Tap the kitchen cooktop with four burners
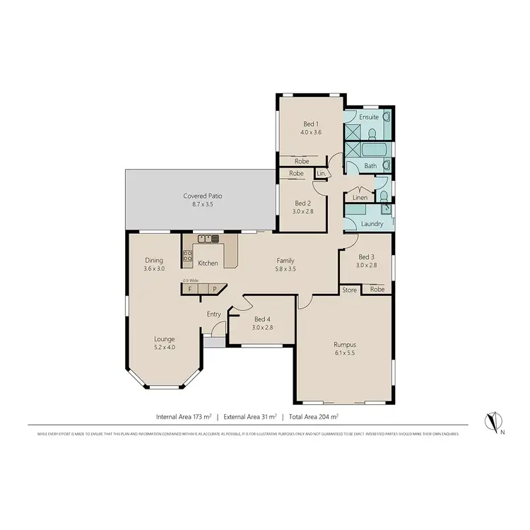pos(188,258)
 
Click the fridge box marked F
pos(190,289)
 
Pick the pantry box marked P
pos(214,289)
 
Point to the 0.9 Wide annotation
pos(190,281)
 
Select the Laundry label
pos(372,224)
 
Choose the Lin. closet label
pos(321,173)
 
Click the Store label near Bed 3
pos(349,290)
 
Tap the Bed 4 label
pos(263,319)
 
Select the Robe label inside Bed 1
pos(301,161)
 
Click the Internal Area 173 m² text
pos(185,416)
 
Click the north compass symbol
pos(490,422)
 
